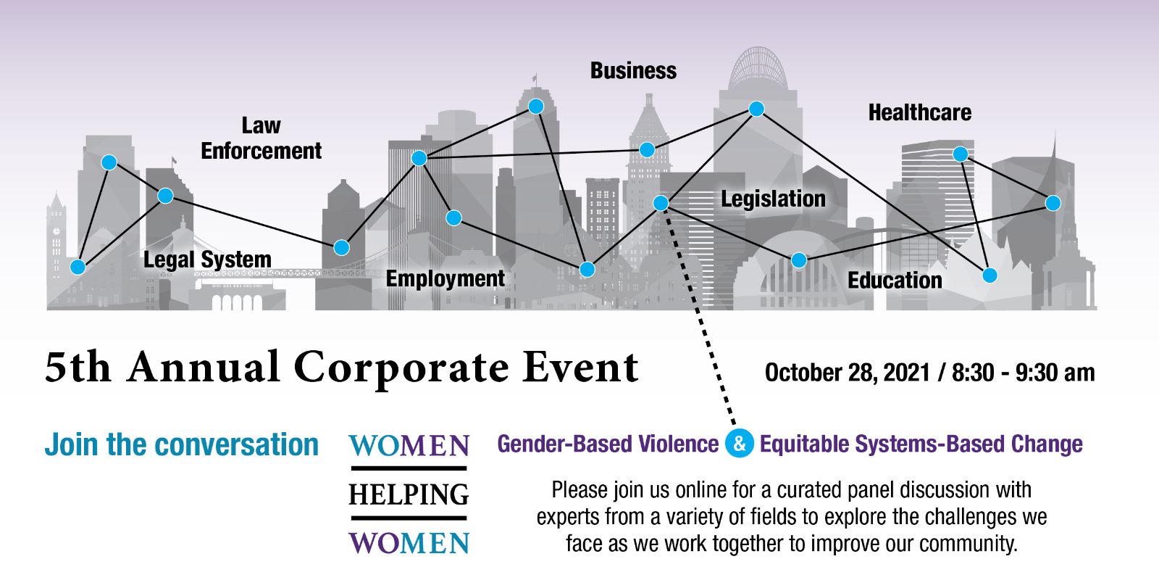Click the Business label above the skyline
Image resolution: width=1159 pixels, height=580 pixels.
click(633, 71)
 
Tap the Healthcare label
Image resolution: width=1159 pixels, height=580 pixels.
click(920, 112)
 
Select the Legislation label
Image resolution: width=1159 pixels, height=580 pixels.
click(774, 199)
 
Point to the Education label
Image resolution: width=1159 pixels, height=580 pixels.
click(895, 280)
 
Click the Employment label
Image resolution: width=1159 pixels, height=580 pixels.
click(445, 279)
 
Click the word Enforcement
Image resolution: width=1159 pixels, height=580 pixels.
click(261, 152)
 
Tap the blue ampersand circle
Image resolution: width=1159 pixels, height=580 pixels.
click(740, 443)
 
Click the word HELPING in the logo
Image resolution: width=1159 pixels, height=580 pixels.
click(409, 494)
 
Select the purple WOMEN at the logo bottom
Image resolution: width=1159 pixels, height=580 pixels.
click(409, 543)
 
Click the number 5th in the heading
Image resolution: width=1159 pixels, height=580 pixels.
click(78, 367)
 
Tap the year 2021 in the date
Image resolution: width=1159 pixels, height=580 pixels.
click(906, 373)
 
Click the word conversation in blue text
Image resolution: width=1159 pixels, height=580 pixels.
click(236, 444)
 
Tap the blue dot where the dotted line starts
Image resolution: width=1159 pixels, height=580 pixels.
click(661, 203)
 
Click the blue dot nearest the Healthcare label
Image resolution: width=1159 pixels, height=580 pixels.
click(961, 154)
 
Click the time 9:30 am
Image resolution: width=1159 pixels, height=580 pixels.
click(1055, 373)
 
